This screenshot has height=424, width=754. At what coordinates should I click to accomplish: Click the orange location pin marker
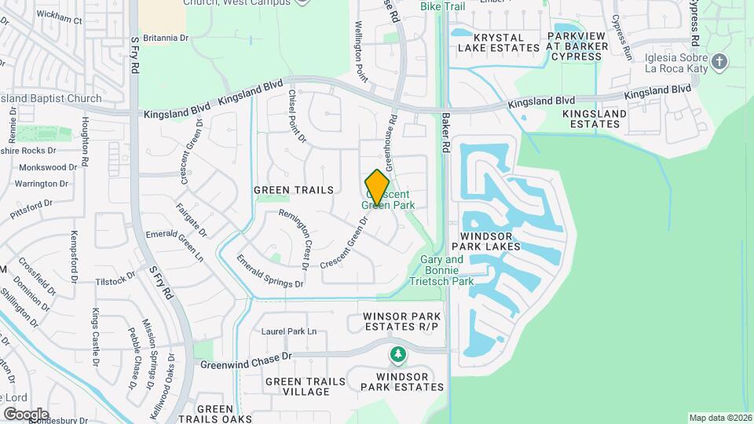pos(377,188)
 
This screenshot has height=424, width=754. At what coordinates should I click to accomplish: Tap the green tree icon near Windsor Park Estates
pos(398,356)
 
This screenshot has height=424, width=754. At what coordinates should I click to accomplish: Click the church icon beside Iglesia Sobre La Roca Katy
pos(719,61)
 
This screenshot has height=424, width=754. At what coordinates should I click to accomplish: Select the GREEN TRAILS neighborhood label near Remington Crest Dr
pos(294,190)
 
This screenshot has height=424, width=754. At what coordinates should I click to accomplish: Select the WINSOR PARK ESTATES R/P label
pos(401,321)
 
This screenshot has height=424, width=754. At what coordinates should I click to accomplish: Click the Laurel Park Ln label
pos(289,331)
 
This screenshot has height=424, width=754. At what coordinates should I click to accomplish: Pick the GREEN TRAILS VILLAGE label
pos(305,386)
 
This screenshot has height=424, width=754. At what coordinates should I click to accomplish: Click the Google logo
pos(26,414)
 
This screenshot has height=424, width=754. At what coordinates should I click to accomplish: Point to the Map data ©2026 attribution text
pos(719,418)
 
